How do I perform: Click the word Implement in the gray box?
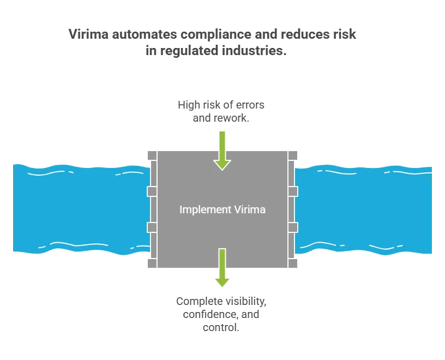coord(200,209)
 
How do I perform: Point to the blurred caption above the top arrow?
coord(221,111)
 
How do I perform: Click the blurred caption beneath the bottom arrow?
coord(220,314)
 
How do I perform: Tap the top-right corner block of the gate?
coord(292,155)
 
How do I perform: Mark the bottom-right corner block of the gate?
coord(292,264)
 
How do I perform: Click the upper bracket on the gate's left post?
coord(152,191)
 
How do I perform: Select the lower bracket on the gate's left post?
coord(152,227)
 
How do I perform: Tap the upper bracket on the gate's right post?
coord(293,191)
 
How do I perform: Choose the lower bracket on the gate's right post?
coord(293,227)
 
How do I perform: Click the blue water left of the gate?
coord(76,207)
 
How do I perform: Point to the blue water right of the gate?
coord(365,207)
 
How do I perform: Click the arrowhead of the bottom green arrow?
coord(222,282)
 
